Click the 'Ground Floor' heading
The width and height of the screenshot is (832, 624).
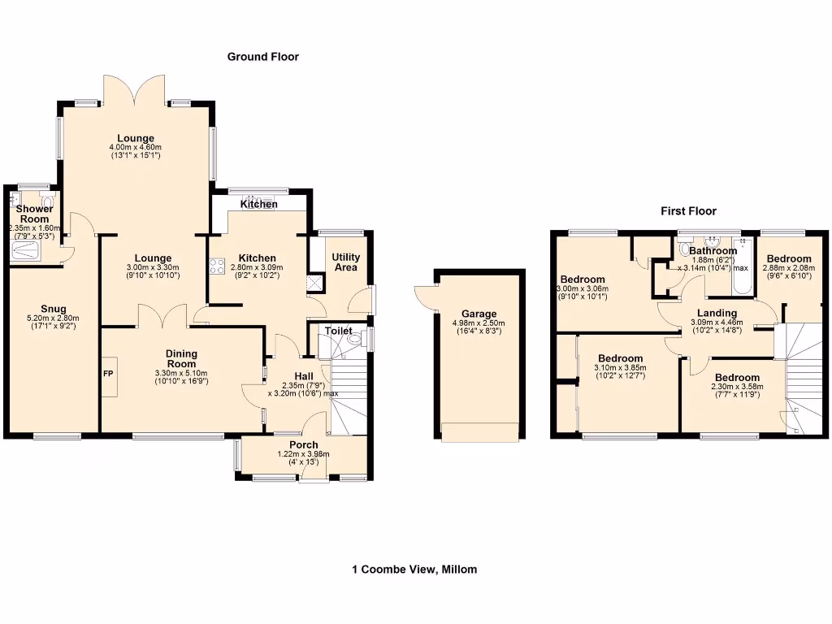[262, 57]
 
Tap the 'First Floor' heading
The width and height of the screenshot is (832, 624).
[687, 211]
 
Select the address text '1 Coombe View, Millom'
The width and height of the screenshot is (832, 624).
[414, 570]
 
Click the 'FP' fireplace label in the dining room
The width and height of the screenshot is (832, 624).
[108, 375]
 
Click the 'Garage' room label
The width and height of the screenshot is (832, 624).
[479, 314]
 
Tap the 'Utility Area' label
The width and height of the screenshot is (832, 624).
[346, 262]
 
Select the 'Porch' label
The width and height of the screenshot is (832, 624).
[303, 445]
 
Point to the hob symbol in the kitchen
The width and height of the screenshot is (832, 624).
[218, 266]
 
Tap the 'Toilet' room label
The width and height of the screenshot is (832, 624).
[338, 331]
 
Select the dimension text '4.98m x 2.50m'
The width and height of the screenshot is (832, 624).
[479, 323]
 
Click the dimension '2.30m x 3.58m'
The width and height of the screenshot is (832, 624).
[738, 387]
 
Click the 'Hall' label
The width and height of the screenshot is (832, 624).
[303, 375]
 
